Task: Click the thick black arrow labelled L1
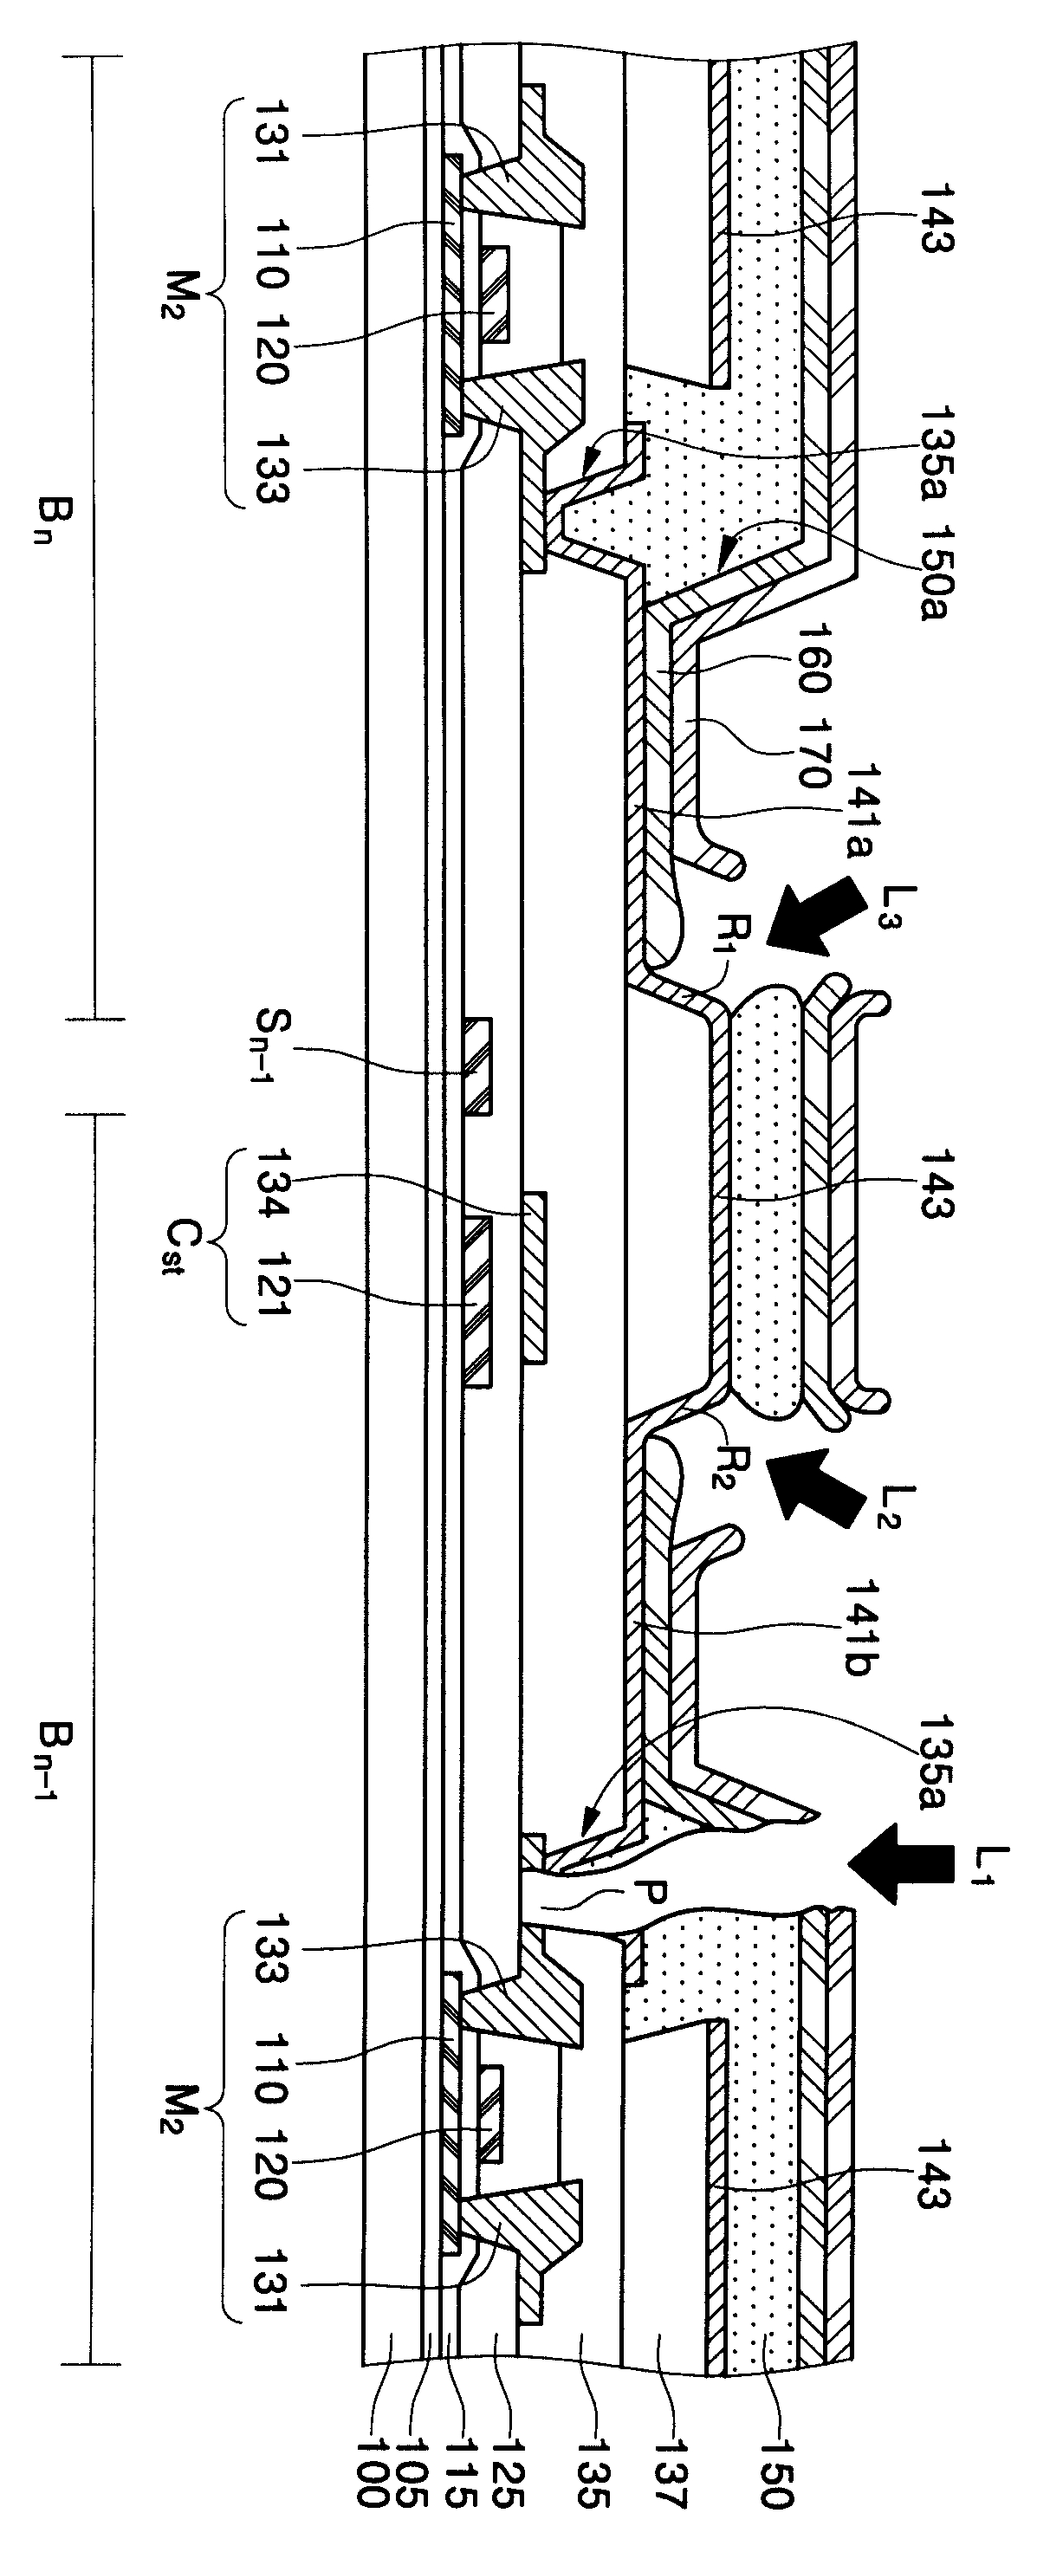click(898, 1862)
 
